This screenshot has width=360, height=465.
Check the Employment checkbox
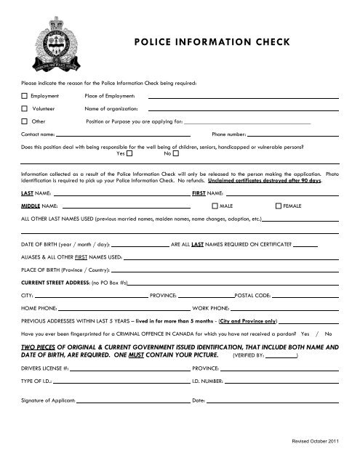24,95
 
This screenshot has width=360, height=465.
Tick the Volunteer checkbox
24,108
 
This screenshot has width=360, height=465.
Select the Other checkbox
24,121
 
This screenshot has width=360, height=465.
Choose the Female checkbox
278,207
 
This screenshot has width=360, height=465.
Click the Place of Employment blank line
244,97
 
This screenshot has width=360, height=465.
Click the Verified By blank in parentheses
281,357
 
